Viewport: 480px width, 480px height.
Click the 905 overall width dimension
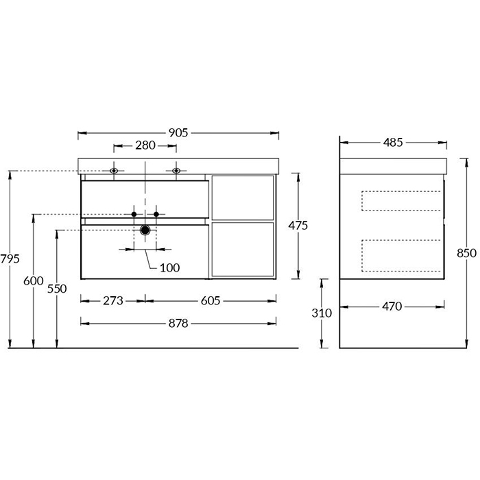[178, 133]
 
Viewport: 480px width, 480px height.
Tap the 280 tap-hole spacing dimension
[145, 145]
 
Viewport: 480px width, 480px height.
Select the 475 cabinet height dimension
[298, 226]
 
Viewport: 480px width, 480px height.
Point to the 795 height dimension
[10, 259]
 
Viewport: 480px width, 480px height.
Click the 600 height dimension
[34, 281]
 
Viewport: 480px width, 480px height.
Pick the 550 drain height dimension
[57, 289]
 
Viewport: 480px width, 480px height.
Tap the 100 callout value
[169, 268]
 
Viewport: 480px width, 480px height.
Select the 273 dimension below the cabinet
[113, 301]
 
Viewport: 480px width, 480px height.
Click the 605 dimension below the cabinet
[211, 301]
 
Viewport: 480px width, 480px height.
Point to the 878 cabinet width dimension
[178, 323]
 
